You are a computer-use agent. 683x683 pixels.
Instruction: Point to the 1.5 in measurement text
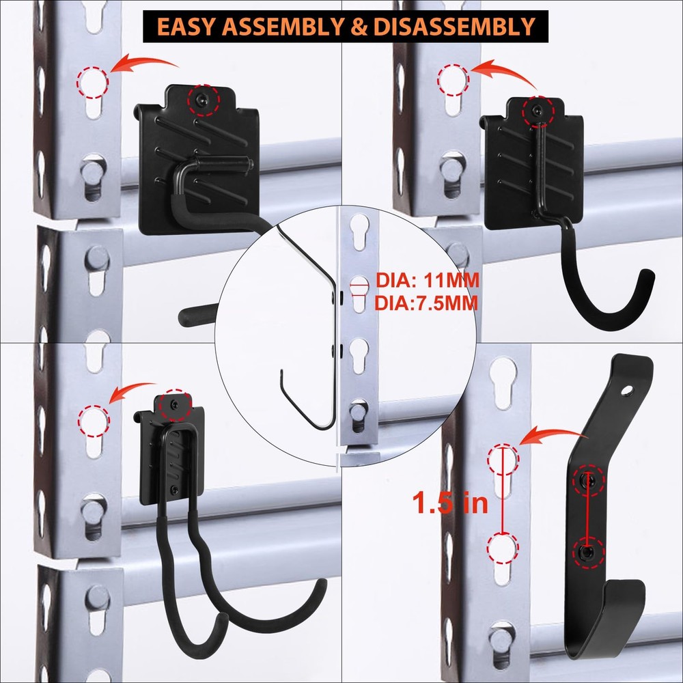pos(450,503)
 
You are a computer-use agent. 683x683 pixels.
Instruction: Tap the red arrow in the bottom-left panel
pos(134,392)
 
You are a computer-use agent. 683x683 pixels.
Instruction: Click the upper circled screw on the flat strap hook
pos(589,481)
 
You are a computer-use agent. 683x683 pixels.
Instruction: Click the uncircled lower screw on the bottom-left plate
pos(174,489)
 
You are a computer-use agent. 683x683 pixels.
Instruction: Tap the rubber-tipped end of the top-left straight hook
pos(186,317)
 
